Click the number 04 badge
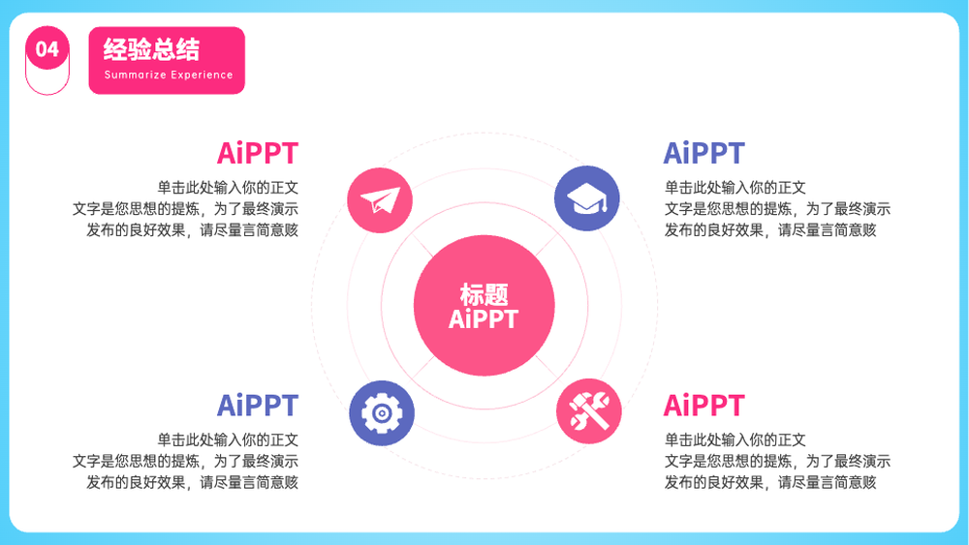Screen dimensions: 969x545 [47, 48]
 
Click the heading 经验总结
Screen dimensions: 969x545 [151, 49]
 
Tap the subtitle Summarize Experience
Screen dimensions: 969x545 [169, 76]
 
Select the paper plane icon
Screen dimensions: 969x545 [380, 200]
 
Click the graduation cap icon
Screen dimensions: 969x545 [586, 198]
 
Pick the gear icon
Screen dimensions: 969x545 [381, 413]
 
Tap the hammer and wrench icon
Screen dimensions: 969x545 [588, 411]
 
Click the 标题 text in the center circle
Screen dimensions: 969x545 [484, 294]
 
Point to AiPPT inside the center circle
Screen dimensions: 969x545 [484, 319]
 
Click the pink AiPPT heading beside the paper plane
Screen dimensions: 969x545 [258, 153]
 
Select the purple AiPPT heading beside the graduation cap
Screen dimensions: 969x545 [703, 153]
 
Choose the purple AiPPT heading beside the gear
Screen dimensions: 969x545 [258, 406]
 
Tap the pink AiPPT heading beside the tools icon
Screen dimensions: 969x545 [703, 406]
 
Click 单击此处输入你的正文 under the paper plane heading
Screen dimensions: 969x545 [228, 188]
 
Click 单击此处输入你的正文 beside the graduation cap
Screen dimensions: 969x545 [735, 188]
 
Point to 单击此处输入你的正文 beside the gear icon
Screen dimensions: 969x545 [228, 440]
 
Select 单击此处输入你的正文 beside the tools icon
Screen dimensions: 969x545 [735, 440]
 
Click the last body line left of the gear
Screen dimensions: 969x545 [192, 483]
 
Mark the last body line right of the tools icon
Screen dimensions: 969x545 [770, 483]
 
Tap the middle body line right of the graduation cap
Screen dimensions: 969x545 [777, 209]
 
